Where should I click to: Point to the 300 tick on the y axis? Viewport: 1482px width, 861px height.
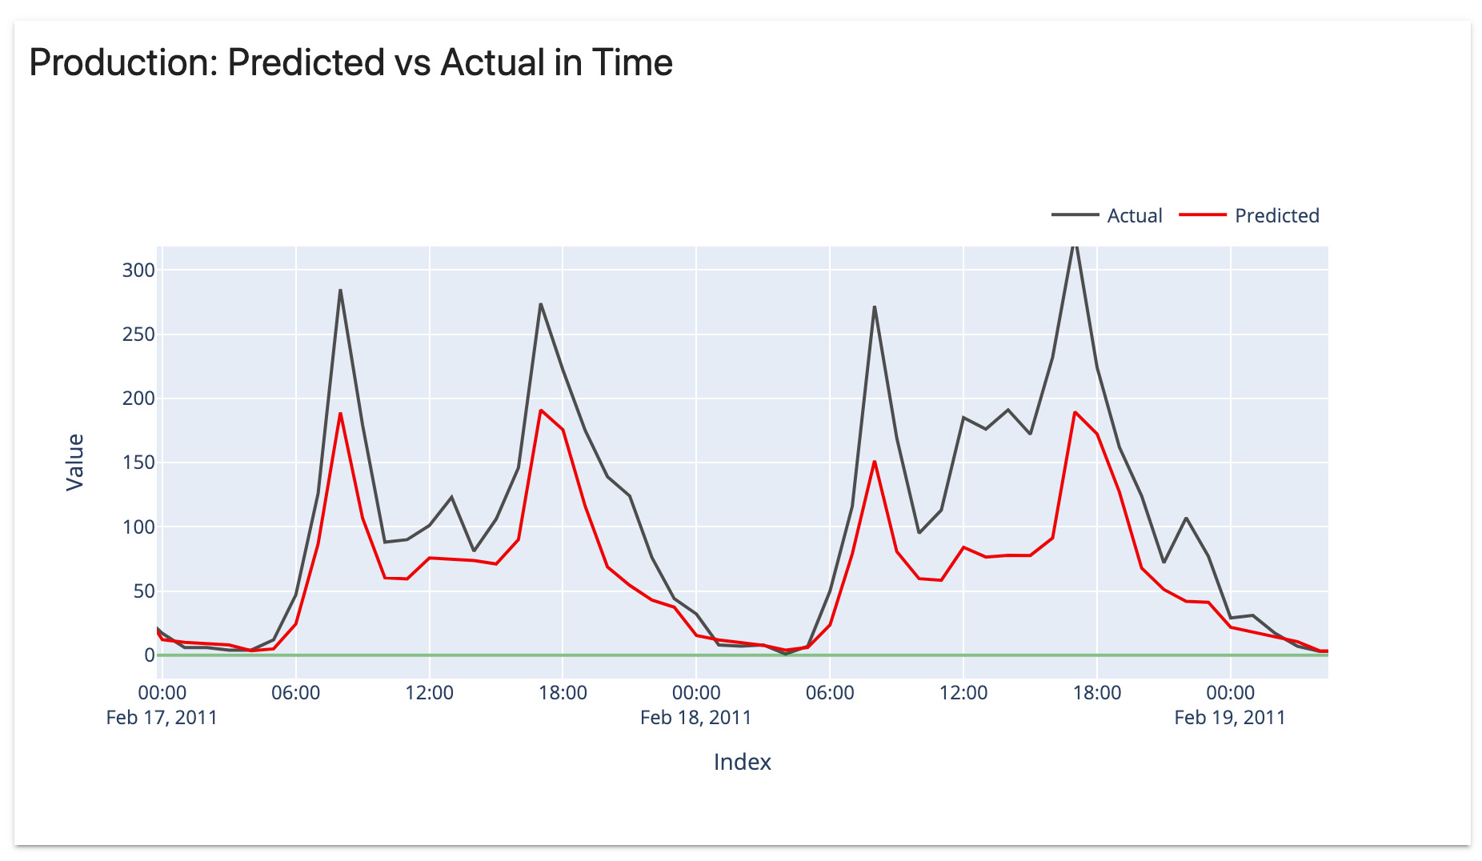tap(138, 270)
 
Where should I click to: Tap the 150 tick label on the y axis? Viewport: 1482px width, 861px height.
tap(138, 463)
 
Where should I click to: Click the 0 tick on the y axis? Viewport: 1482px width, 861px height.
tap(149, 655)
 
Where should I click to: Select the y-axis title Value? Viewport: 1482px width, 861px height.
tap(75, 462)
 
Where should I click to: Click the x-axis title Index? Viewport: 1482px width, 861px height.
tap(742, 762)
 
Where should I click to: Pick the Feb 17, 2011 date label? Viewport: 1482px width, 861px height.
tap(162, 717)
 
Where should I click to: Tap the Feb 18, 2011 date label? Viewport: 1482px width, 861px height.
tap(695, 717)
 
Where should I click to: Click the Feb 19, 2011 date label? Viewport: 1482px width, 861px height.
tap(1229, 717)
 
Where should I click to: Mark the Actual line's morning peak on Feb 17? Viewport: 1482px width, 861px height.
tap(340, 290)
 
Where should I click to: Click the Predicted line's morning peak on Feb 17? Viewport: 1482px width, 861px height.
tap(340, 414)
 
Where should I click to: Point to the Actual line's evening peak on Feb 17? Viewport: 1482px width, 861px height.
tap(541, 304)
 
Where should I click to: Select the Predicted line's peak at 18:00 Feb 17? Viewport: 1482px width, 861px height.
tap(541, 410)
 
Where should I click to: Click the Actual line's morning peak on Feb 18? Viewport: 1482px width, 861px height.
tap(875, 306)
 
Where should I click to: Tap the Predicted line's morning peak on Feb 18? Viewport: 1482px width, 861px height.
tap(875, 462)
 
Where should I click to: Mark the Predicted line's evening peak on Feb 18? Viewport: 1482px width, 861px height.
tap(1075, 412)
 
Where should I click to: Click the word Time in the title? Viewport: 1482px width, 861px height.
tap(632, 62)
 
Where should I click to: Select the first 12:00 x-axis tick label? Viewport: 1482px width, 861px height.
tap(429, 693)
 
